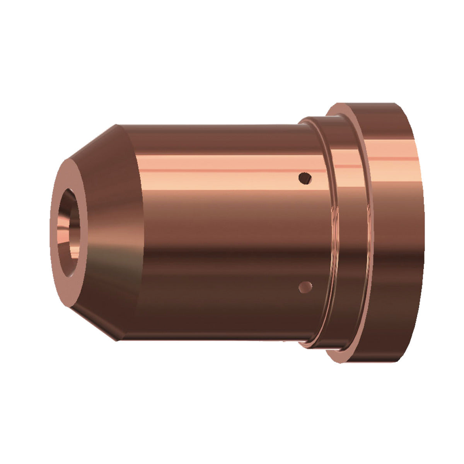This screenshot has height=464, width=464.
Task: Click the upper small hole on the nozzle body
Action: point(305,178)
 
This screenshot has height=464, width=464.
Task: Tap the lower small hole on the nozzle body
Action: point(305,286)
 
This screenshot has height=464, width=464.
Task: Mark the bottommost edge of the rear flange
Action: point(371,362)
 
